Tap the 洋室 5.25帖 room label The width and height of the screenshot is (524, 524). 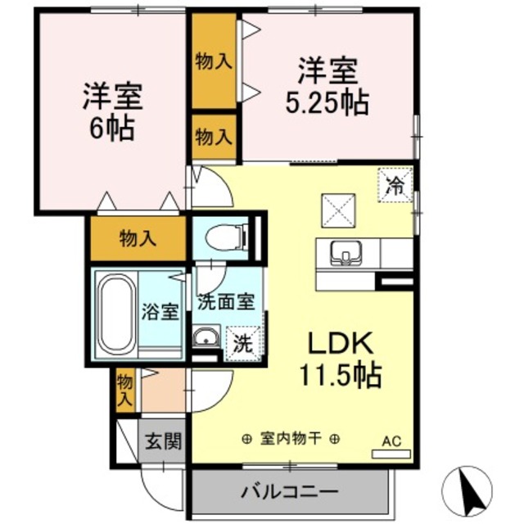[x=326, y=84]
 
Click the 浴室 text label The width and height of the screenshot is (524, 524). [x=160, y=312]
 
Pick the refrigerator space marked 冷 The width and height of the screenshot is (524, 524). [x=395, y=184]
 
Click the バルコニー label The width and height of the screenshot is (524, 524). [x=289, y=493]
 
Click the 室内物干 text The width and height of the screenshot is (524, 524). [x=290, y=438]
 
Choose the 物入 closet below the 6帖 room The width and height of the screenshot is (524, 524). [x=138, y=239]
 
